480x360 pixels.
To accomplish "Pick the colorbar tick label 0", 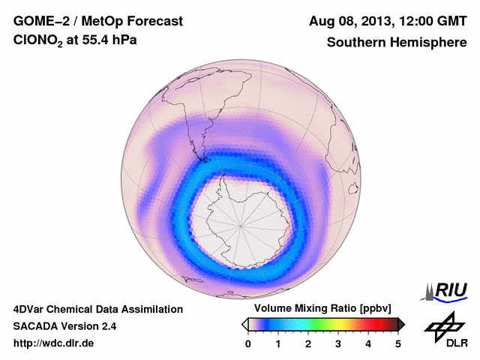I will coord(248,343).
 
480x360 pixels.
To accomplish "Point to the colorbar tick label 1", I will coord(278,343).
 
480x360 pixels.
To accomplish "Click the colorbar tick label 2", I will coord(308,343).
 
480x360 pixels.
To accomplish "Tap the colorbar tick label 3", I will coord(338,343).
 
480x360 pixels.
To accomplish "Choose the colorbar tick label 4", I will coord(368,343).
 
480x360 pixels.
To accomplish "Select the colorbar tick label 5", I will coord(398,343).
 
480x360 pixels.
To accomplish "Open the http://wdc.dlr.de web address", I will coord(54,343).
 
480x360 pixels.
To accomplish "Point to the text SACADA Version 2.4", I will coord(64,326).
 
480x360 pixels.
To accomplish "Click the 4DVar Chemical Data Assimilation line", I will coord(97,309).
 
